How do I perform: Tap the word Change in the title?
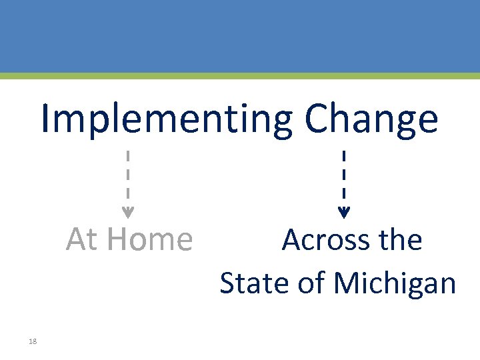[x=371, y=120]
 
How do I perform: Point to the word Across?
[x=323, y=240]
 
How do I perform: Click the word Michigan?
[x=395, y=284]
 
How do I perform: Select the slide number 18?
[x=33, y=341]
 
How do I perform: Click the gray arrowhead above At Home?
[x=128, y=214]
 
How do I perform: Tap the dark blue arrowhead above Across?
[x=343, y=214]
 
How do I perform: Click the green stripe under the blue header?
[x=240, y=76]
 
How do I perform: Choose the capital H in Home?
[x=119, y=239]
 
